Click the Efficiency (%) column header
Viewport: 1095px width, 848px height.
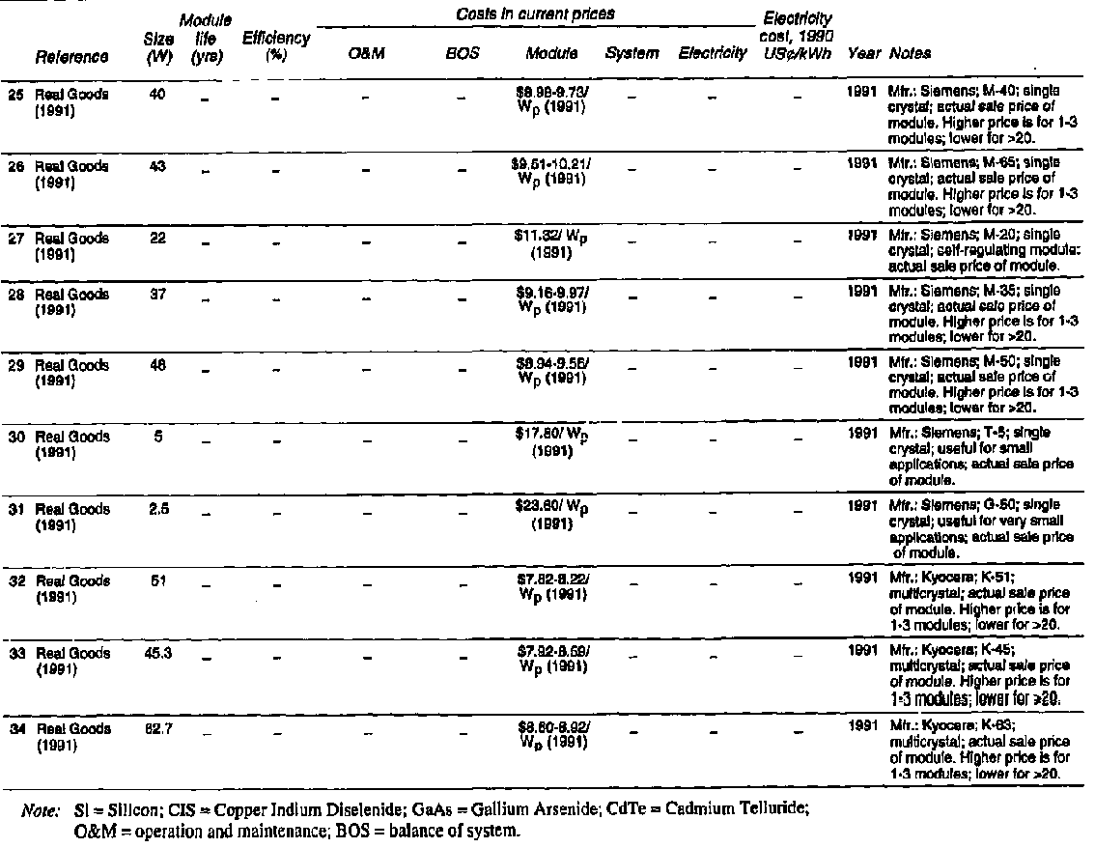(x=276, y=45)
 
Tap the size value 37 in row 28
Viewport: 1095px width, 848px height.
(x=158, y=294)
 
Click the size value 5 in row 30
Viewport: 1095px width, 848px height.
(x=158, y=437)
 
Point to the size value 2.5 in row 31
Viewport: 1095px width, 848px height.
(x=158, y=509)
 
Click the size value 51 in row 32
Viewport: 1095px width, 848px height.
(x=158, y=580)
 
